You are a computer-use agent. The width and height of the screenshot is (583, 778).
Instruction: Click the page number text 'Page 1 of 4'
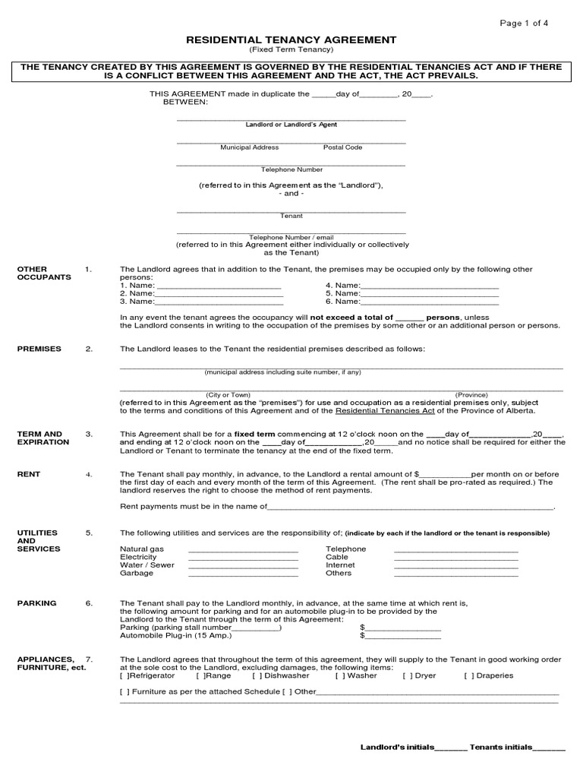tap(523, 23)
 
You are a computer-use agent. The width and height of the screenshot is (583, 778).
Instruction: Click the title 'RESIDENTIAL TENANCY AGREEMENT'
tap(291, 40)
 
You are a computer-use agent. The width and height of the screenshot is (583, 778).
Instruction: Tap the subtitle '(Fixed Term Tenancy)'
tap(291, 50)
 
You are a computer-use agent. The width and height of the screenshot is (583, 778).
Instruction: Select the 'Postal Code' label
tap(342, 147)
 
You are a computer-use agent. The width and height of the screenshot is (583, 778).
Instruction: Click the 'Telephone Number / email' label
tap(291, 237)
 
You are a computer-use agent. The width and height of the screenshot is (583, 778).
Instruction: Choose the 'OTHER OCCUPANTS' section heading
tap(44, 274)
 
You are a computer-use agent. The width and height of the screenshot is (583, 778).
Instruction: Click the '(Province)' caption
tap(471, 395)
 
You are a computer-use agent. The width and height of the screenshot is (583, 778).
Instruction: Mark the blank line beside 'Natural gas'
tap(243, 549)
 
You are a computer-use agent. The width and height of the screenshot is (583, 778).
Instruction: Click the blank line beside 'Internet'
tap(455, 566)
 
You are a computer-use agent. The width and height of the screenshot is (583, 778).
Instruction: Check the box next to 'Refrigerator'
tap(125, 675)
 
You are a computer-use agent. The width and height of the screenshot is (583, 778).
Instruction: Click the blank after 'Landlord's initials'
tap(451, 748)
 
